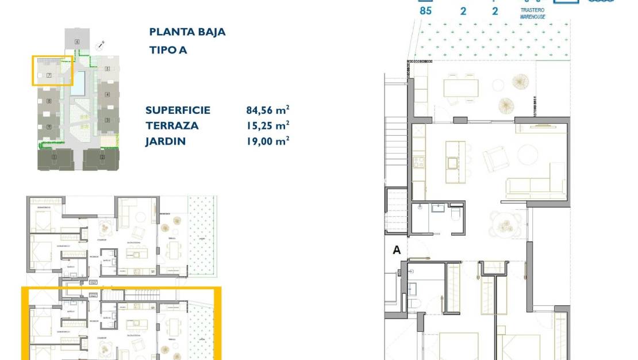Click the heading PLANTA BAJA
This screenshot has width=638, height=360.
187,32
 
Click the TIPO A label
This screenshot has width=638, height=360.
168,50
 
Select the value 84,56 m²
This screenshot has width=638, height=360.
267,110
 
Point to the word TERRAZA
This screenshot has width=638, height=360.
172,125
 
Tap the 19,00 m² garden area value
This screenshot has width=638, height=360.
267,140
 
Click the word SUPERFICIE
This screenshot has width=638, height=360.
178,110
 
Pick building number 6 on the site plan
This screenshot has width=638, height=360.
77,42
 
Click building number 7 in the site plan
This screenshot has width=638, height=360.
49,75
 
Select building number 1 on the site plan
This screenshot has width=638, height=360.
53,157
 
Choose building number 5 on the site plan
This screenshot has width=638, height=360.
107,69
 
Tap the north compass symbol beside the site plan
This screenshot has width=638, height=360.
102,43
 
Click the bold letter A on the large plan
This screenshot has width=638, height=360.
396,250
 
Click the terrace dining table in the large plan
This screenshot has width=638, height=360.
460,88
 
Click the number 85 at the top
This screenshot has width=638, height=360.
425,10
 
